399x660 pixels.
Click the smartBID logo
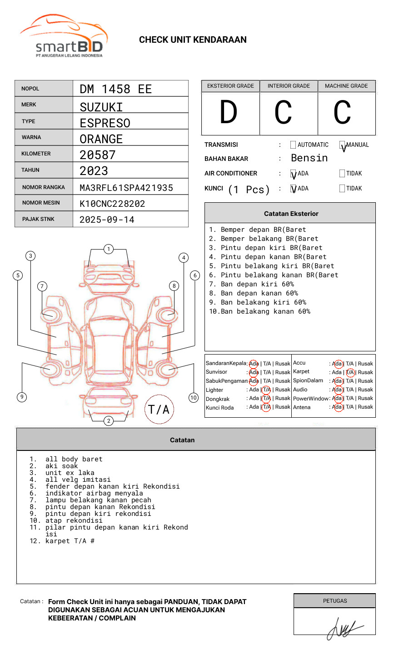[64, 36]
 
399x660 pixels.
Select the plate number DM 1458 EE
[115, 89]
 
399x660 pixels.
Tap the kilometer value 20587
[97, 155]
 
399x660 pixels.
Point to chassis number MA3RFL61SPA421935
[126, 188]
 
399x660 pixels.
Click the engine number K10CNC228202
[112, 204]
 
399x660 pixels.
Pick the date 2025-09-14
[107, 220]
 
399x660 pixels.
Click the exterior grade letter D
[229, 113]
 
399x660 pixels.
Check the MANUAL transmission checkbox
[342, 145]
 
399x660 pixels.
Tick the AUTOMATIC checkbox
[293, 145]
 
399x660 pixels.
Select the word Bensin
[309, 158]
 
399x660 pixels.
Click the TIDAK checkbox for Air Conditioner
[342, 174]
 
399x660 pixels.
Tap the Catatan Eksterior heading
[291, 214]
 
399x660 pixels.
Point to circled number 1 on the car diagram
[108, 249]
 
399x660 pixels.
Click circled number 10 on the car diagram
[194, 398]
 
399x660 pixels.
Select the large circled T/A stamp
[159, 410]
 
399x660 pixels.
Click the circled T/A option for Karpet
[350, 372]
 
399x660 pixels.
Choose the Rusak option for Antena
[365, 407]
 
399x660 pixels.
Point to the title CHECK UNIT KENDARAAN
[193, 40]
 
